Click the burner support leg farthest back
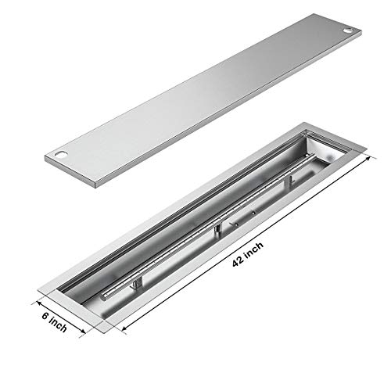289,181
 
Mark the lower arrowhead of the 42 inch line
124,333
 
